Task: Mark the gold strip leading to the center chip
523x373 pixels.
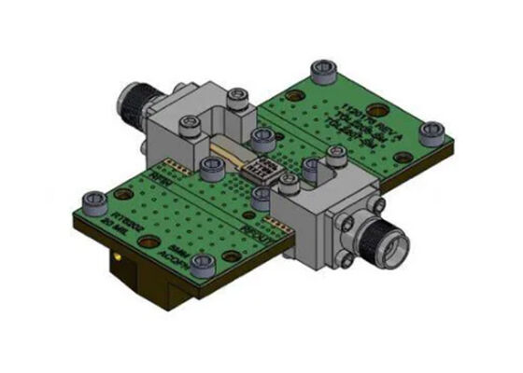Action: [228, 149]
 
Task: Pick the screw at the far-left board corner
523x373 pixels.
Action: [94, 200]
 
